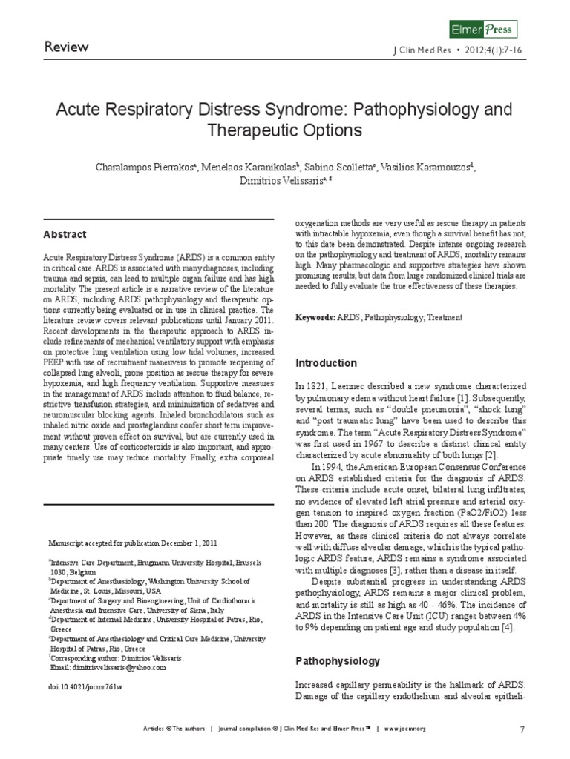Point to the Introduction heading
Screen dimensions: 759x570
pos(327,363)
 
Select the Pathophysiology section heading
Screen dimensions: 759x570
pos(338,660)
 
